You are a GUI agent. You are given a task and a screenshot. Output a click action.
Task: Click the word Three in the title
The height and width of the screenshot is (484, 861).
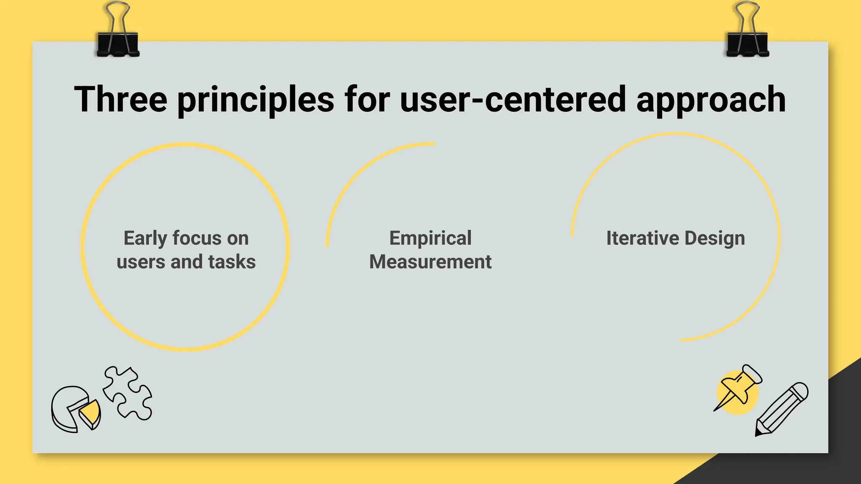click(x=121, y=100)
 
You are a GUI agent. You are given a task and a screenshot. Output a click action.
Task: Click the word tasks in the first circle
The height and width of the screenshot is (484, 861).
click(x=232, y=262)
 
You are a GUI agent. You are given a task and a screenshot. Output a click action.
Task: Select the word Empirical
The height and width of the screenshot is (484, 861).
click(x=430, y=239)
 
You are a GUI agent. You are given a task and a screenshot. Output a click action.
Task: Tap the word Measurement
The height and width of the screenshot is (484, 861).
click(x=430, y=262)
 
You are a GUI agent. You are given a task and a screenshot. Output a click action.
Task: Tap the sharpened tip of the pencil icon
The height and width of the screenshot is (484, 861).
click(x=758, y=433)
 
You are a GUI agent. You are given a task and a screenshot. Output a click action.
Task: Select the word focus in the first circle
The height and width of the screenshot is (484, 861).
click(x=196, y=238)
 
